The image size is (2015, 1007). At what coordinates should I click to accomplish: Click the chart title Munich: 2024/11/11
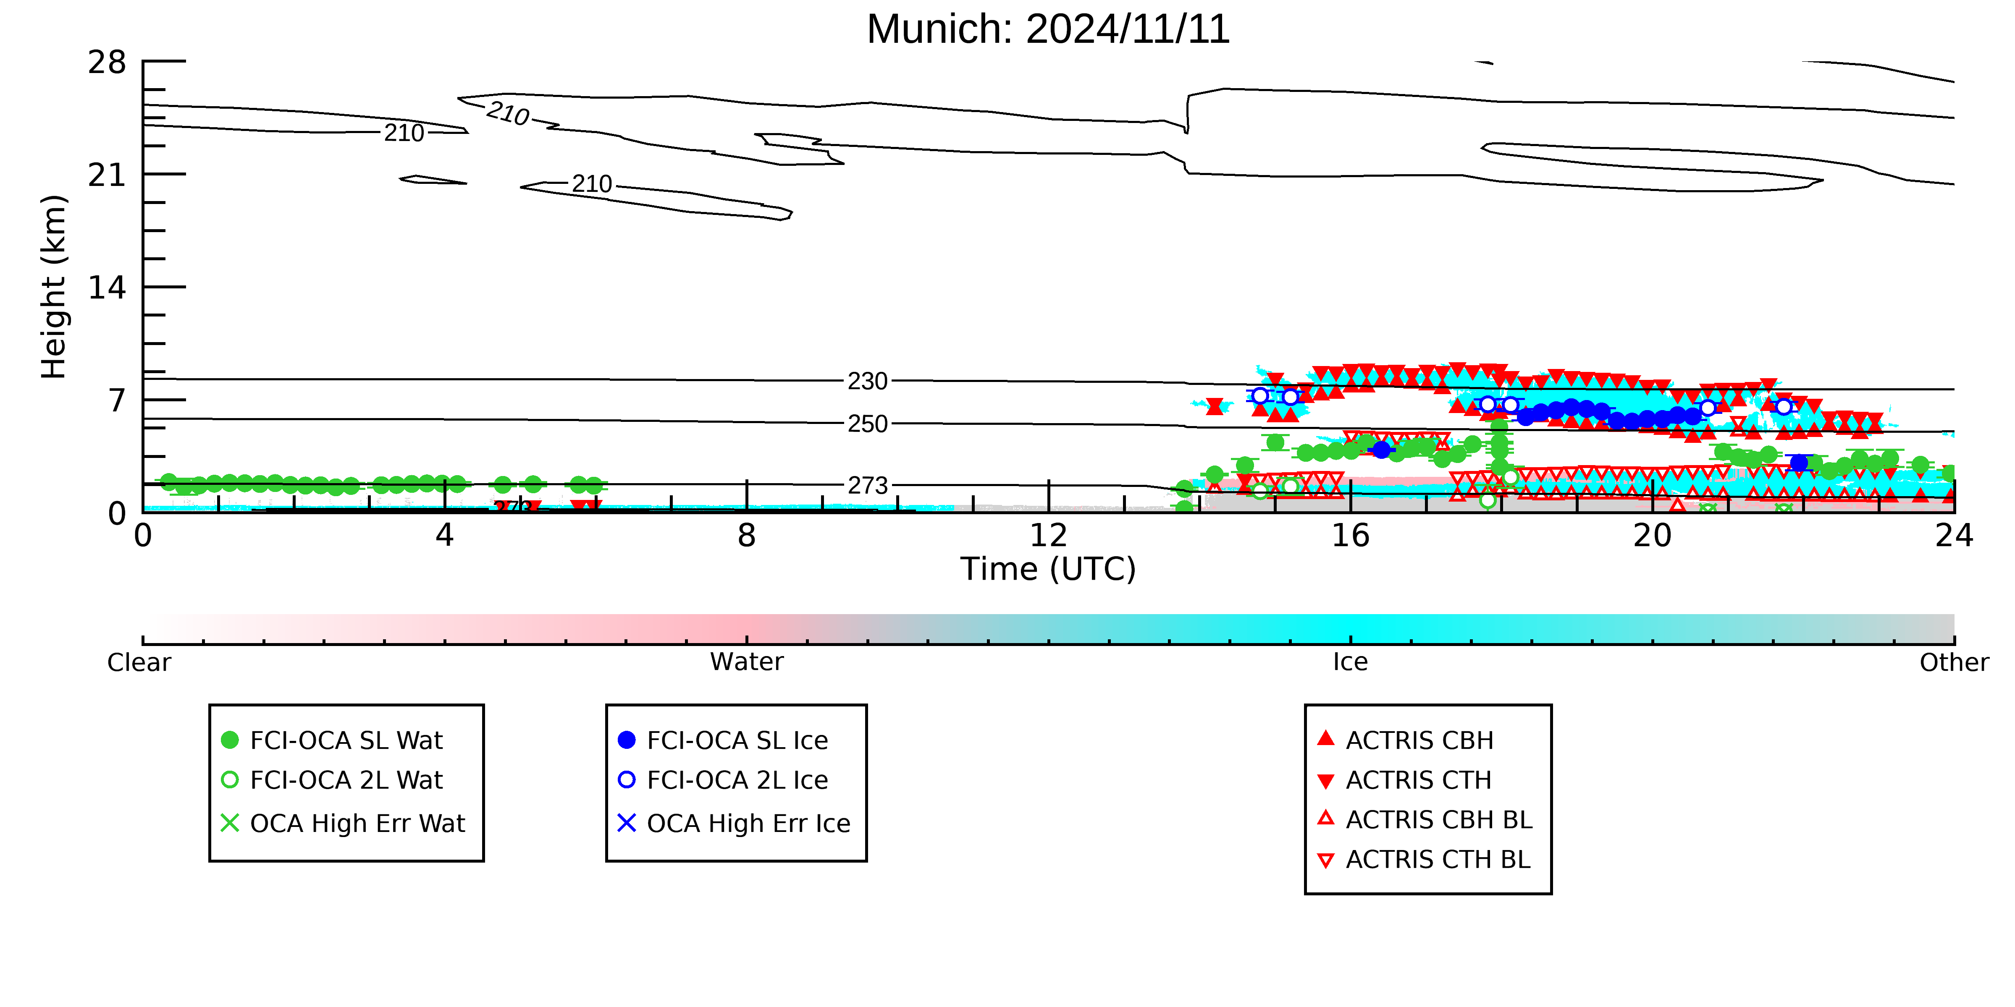(1048, 30)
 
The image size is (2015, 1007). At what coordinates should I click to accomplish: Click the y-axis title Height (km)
(54, 287)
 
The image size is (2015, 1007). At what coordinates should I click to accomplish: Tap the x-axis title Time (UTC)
(1048, 569)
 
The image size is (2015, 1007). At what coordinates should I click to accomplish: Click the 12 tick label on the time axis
(1048, 536)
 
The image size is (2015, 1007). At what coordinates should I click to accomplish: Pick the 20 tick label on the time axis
(1652, 536)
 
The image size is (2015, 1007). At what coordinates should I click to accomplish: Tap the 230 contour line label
(868, 382)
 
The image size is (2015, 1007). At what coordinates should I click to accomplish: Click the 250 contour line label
(868, 424)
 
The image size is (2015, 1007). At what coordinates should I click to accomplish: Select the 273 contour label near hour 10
(868, 486)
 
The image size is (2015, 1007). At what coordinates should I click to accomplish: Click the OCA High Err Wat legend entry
(344, 823)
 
